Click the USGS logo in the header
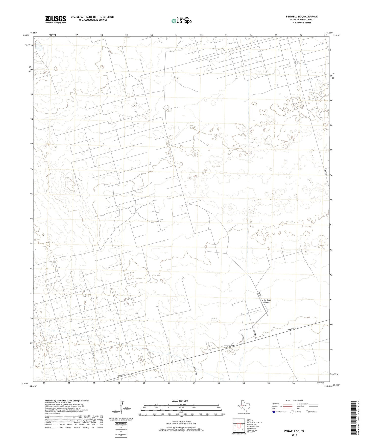[x=56, y=19]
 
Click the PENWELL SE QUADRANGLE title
[x=302, y=17]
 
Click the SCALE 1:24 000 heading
[x=180, y=401]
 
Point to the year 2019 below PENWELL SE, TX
[x=294, y=435]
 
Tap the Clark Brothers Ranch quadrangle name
[x=254, y=423]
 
